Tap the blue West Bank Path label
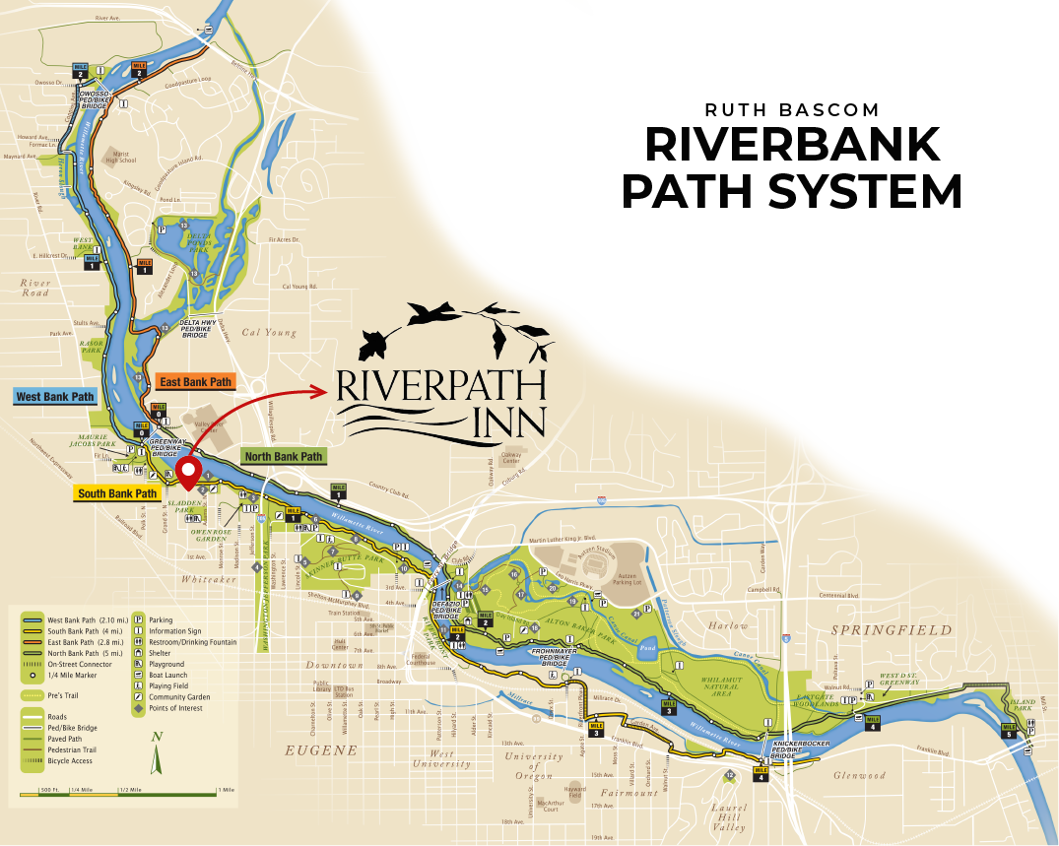tap(55, 397)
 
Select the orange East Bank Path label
tap(194, 381)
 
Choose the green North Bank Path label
tap(283, 457)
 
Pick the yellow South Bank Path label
tap(117, 493)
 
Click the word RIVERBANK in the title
tap(792, 145)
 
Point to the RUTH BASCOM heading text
tap(792, 109)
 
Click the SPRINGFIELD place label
tap(892, 629)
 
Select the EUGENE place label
tap(320, 750)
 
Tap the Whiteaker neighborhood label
tap(208, 580)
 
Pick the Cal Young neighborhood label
tap(269, 333)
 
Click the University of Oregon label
tap(532, 765)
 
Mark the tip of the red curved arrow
tap(326, 391)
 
